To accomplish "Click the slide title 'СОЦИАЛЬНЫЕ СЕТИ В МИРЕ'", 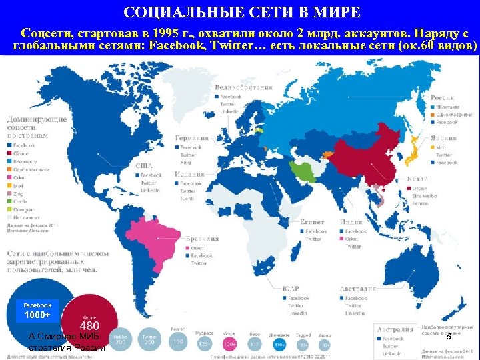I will (x=242, y=13).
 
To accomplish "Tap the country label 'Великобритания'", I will (x=247, y=87).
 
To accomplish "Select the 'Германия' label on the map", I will (x=191, y=138).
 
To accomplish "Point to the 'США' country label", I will (x=144, y=166).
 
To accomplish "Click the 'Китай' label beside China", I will (x=418, y=179).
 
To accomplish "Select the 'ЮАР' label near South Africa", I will (x=290, y=289).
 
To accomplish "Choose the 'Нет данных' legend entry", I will (x=27, y=217).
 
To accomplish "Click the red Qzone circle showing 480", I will (x=89, y=323).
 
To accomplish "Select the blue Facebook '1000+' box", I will (x=37, y=311).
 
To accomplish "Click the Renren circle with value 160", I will (x=177, y=341).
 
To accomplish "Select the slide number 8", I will (x=448, y=337).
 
